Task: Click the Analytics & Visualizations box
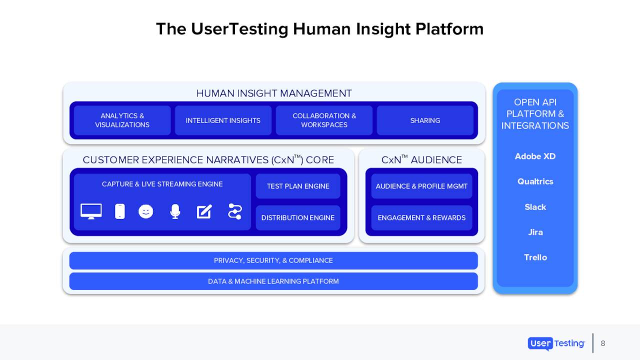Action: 122,120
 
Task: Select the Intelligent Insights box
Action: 223,120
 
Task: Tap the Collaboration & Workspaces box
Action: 324,120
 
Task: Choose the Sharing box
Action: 425,120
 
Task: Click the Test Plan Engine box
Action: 298,186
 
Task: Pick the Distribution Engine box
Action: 298,217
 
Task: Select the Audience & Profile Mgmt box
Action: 421,186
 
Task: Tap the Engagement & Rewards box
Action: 421,217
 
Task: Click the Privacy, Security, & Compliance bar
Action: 273,260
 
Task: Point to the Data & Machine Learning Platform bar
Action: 273,281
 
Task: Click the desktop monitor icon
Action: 91,211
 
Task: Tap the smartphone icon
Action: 120,211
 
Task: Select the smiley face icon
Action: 146,211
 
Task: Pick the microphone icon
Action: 175,211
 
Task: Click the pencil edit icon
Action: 204,211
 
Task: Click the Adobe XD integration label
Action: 535,156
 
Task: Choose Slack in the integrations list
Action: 535,207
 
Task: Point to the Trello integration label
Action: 535,257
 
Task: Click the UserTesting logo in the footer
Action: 556,343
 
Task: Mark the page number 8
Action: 603,343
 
